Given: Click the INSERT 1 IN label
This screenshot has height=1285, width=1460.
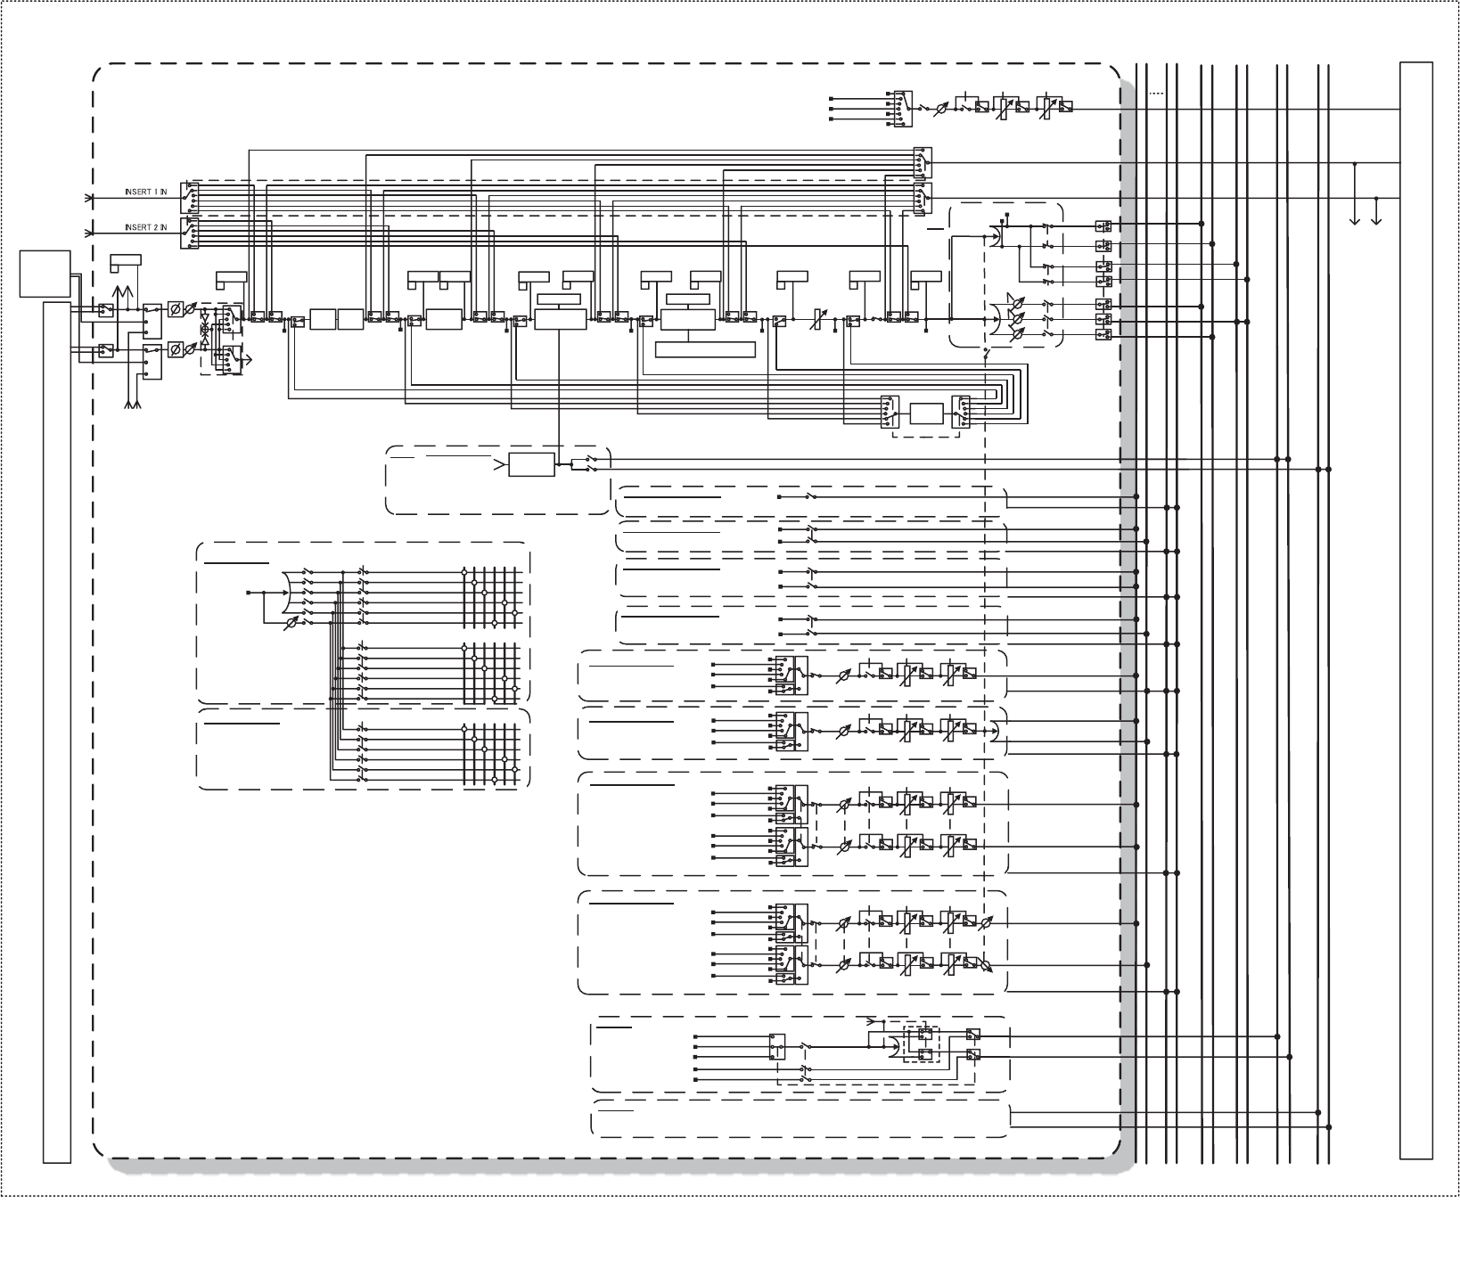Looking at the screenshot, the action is click(145, 192).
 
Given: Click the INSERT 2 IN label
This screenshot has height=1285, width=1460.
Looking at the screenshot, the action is click(145, 227).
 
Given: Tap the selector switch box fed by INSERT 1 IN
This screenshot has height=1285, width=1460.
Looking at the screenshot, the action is click(188, 198).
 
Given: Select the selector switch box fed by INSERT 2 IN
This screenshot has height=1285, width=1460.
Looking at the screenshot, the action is click(188, 233).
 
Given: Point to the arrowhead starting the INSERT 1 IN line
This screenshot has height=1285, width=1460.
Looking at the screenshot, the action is click(88, 198).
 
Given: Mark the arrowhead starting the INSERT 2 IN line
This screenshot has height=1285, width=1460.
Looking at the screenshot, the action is click(88, 233).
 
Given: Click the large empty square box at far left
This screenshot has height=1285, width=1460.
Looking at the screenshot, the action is click(45, 274).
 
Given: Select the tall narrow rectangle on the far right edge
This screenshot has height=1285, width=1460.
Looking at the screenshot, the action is click(1415, 610).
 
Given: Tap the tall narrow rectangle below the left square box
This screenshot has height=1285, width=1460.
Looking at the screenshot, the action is click(57, 731).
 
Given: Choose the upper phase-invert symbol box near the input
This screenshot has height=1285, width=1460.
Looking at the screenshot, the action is click(176, 310).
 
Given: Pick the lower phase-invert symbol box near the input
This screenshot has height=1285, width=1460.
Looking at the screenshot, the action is click(176, 349).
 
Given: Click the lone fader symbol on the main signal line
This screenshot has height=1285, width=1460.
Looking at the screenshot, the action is click(814, 319).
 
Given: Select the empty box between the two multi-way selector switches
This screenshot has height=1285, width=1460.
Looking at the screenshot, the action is click(926, 413).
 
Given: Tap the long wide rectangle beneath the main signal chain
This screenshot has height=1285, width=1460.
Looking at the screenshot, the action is click(705, 348).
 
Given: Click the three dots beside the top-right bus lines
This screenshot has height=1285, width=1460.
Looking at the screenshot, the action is click(1156, 92).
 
